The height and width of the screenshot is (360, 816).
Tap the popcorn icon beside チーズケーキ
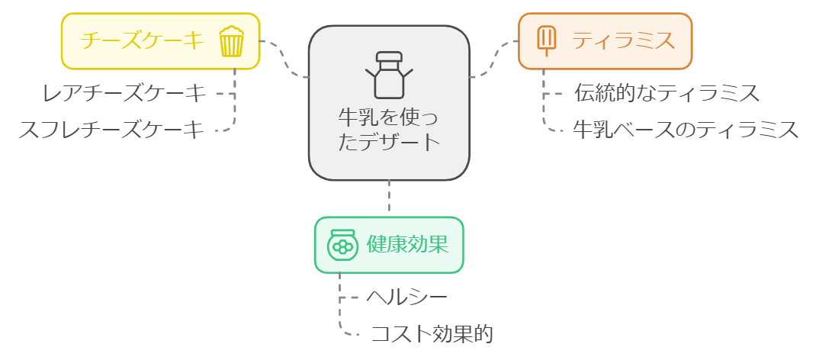pyautogui.click(x=231, y=41)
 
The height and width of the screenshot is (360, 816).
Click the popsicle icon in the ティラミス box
pyautogui.click(x=546, y=41)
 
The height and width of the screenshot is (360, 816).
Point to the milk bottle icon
pyautogui.click(x=389, y=74)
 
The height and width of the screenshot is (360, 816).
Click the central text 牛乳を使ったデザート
pyautogui.click(x=389, y=130)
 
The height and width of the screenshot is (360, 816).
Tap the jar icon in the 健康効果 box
pyautogui.click(x=342, y=245)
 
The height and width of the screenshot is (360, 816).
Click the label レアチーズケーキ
pyautogui.click(x=124, y=94)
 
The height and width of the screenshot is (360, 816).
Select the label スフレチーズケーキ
pyautogui.click(x=111, y=130)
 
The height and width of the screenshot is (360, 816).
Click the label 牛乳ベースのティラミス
pyautogui.click(x=686, y=130)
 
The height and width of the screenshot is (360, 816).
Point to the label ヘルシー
pyautogui.click(x=406, y=297)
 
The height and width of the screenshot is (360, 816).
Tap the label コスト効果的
pyautogui.click(x=432, y=334)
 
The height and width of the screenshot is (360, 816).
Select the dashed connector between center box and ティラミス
pyautogui.click(x=493, y=59)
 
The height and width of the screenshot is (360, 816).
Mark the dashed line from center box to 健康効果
pyautogui.click(x=389, y=198)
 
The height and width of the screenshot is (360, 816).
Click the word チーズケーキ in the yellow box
pyautogui.click(x=143, y=40)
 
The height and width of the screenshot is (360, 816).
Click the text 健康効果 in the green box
pyautogui.click(x=406, y=244)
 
